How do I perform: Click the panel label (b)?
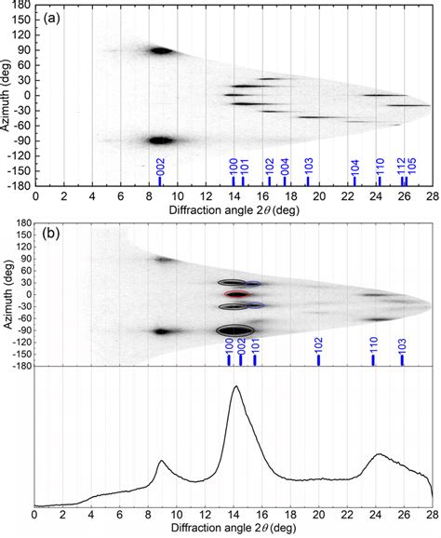[51, 234]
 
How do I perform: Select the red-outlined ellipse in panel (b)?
[236, 294]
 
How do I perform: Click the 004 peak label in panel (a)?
[285, 167]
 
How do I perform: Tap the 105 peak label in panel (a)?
[411, 166]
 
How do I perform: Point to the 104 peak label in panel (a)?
[354, 168]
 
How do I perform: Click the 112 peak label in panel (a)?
[401, 166]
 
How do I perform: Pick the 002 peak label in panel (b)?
[242, 346]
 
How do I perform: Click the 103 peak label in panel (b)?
[402, 346]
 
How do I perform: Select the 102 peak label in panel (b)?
[319, 346]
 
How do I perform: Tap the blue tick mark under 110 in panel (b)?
[373, 360]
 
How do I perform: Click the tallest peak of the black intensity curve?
[236, 386]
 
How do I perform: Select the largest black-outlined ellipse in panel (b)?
[235, 330]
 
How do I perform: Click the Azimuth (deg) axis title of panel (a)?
[6, 95]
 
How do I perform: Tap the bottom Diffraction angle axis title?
[234, 527]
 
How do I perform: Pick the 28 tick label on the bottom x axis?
[433, 515]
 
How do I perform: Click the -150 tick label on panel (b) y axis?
[20, 355]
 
